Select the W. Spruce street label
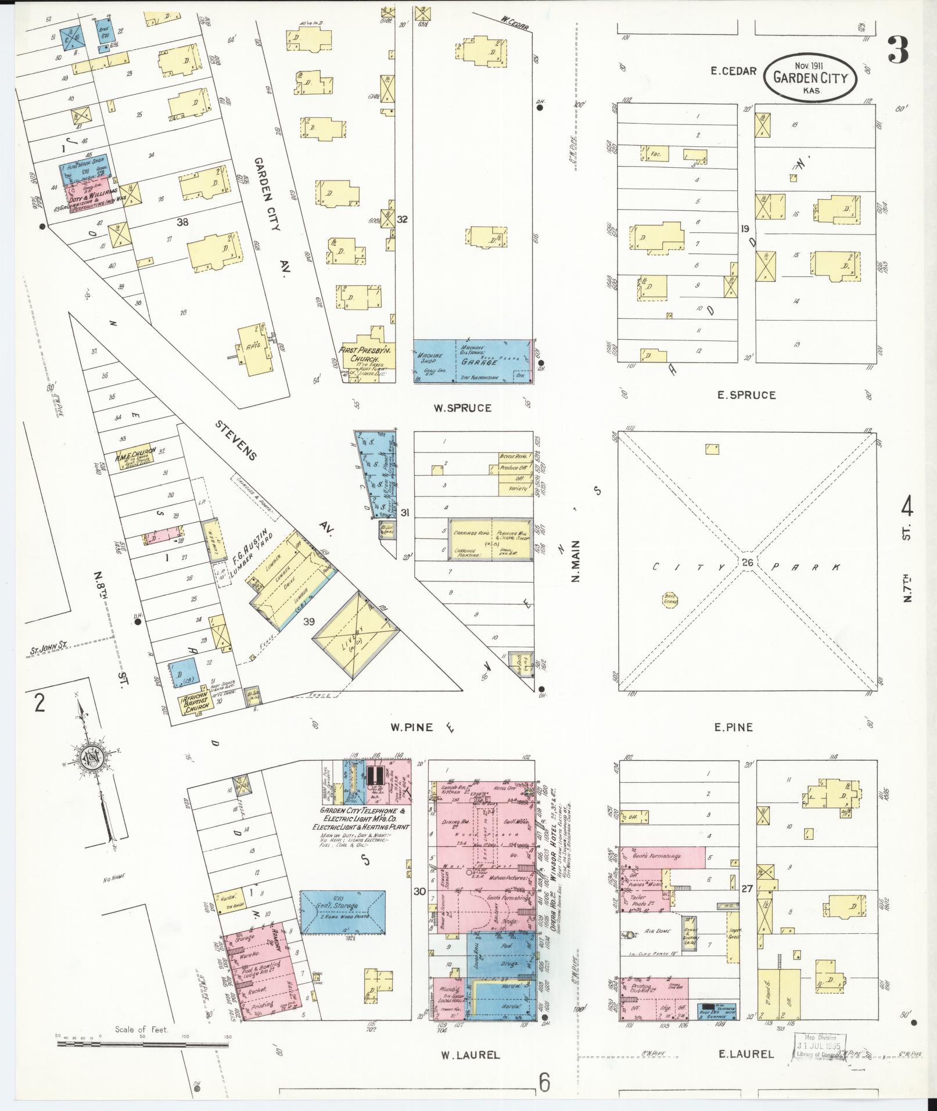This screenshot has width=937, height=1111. click(462, 408)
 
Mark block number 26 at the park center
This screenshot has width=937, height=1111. click(748, 562)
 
